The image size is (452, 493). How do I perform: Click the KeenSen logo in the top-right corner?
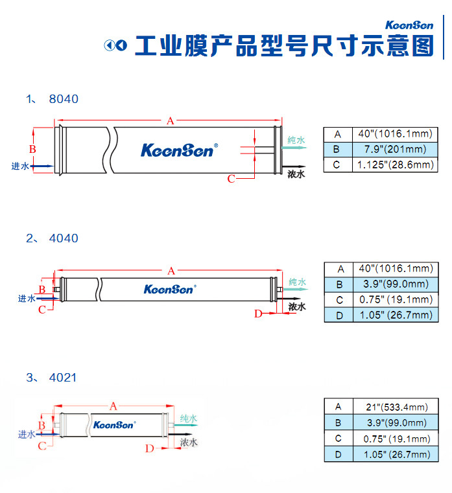pyautogui.click(x=409, y=26)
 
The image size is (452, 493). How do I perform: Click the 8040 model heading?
pyautogui.click(x=64, y=99)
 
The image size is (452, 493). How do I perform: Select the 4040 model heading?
pyautogui.click(x=64, y=238)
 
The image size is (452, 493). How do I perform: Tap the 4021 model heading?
pyautogui.click(x=64, y=377)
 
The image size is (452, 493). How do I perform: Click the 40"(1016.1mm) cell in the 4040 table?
pyautogui.click(x=394, y=268)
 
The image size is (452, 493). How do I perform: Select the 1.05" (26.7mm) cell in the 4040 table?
pyautogui.click(x=395, y=315)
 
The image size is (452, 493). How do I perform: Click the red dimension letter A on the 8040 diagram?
pyautogui.click(x=171, y=120)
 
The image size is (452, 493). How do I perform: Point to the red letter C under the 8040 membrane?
pyautogui.click(x=231, y=179)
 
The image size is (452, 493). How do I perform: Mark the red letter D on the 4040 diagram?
pyautogui.click(x=257, y=314)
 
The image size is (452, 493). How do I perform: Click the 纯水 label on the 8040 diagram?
pyautogui.click(x=296, y=141)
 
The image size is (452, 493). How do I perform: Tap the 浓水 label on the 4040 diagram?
pyautogui.click(x=296, y=306)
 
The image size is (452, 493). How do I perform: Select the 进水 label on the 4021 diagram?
pyautogui.click(x=27, y=434)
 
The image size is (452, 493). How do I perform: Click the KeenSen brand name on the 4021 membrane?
pyautogui.click(x=113, y=425)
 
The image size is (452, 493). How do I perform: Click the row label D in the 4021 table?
pyautogui.click(x=338, y=454)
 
